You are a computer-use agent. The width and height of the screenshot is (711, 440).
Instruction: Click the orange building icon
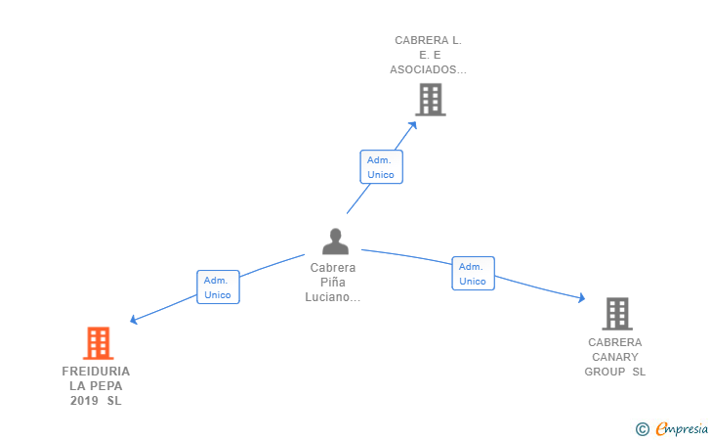click(x=98, y=343)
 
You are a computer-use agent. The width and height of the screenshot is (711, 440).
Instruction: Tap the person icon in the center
click(x=336, y=242)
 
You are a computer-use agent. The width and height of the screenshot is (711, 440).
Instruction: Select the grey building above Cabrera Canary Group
click(x=617, y=313)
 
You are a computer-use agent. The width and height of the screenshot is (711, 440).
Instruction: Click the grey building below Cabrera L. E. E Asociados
click(x=431, y=100)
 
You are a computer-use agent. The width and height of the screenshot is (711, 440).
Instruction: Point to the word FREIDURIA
click(x=96, y=372)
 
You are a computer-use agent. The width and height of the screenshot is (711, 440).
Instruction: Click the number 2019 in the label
click(x=84, y=401)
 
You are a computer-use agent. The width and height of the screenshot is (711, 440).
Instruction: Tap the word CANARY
click(x=615, y=357)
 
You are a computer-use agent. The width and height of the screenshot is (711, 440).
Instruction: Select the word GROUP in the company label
click(x=605, y=372)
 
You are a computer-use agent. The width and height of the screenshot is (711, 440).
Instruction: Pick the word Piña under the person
click(x=333, y=282)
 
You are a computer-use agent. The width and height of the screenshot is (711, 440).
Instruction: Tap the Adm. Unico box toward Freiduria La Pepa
click(x=218, y=286)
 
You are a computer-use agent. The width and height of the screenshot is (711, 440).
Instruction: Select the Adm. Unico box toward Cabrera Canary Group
click(x=473, y=274)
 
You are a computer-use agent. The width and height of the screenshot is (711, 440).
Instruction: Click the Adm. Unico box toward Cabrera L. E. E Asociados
click(x=381, y=166)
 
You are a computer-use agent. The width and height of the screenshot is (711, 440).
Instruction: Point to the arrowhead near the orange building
click(x=133, y=320)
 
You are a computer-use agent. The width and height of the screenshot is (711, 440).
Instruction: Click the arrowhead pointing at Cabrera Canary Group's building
click(x=582, y=298)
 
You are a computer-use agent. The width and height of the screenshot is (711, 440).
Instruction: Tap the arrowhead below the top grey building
click(x=412, y=125)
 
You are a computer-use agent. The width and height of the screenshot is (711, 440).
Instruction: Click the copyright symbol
click(x=642, y=428)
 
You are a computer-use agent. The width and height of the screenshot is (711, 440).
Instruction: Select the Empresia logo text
click(x=682, y=428)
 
